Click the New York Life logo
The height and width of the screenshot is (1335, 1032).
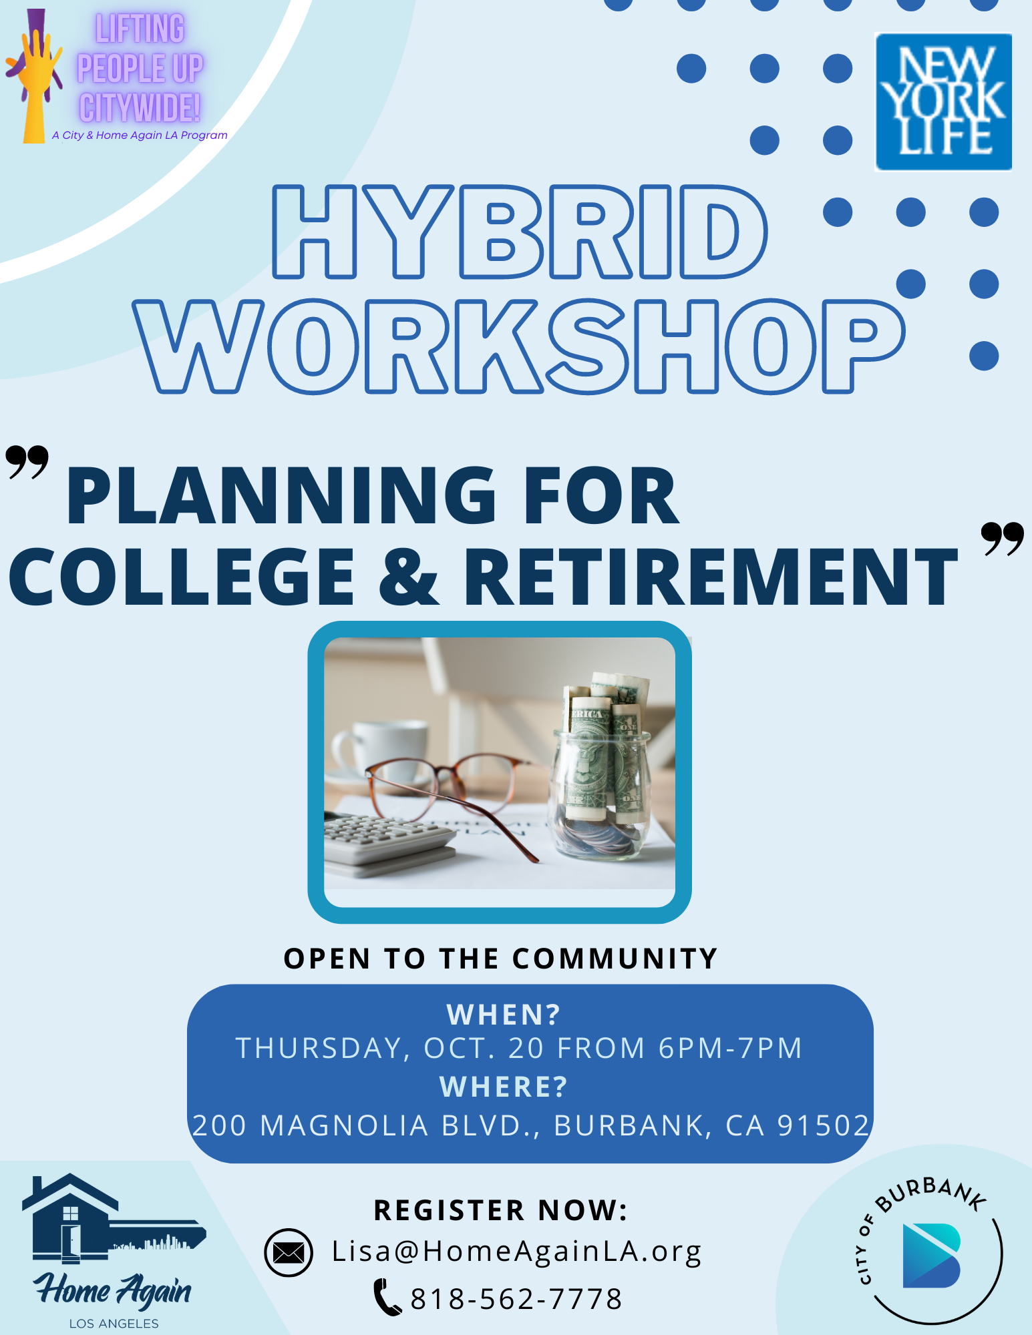point(943,101)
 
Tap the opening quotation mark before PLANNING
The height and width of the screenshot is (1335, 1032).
point(27,462)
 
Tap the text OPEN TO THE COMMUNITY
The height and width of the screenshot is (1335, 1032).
point(500,959)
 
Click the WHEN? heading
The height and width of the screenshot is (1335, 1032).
point(504,1015)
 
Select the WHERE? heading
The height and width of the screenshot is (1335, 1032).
point(504,1087)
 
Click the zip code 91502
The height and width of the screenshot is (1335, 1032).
point(824,1125)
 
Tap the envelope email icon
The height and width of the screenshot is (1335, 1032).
point(289,1252)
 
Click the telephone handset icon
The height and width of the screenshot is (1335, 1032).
point(387,1297)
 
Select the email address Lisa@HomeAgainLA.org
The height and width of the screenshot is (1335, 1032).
point(517,1252)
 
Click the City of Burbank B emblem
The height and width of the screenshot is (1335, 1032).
point(931,1256)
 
